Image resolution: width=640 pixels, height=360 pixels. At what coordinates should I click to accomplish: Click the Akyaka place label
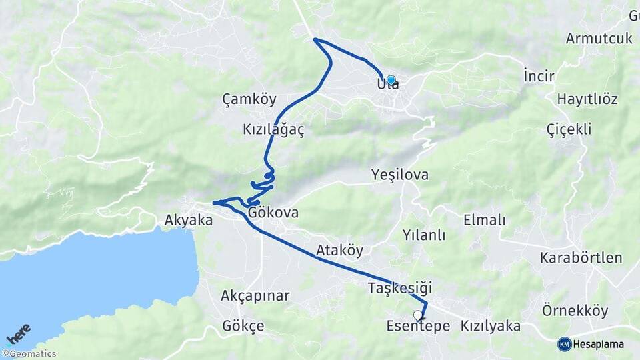[189, 219]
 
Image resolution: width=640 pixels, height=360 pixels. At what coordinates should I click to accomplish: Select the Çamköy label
[249, 100]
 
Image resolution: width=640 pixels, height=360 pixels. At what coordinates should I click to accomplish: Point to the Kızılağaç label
[273, 131]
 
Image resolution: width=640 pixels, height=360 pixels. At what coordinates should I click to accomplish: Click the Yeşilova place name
[399, 175]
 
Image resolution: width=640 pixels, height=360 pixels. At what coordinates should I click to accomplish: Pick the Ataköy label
[340, 251]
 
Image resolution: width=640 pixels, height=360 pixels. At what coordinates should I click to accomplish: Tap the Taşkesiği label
[400, 288]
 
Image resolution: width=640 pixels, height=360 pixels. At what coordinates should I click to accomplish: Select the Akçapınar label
[255, 295]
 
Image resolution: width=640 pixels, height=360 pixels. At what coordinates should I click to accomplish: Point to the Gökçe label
[243, 326]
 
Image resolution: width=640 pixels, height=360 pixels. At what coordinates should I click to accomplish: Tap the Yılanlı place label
[423, 235]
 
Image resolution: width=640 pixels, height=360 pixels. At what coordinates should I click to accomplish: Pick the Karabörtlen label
[581, 257]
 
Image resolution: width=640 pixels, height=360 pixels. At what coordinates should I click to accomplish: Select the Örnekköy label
[575, 311]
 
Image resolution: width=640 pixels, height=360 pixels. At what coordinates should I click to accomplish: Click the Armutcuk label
[599, 38]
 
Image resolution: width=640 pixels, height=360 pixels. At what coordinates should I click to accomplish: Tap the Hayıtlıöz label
[587, 99]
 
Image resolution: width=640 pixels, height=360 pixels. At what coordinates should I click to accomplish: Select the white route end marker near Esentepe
[418, 315]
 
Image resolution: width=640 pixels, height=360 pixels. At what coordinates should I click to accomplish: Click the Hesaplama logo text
[598, 344]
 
